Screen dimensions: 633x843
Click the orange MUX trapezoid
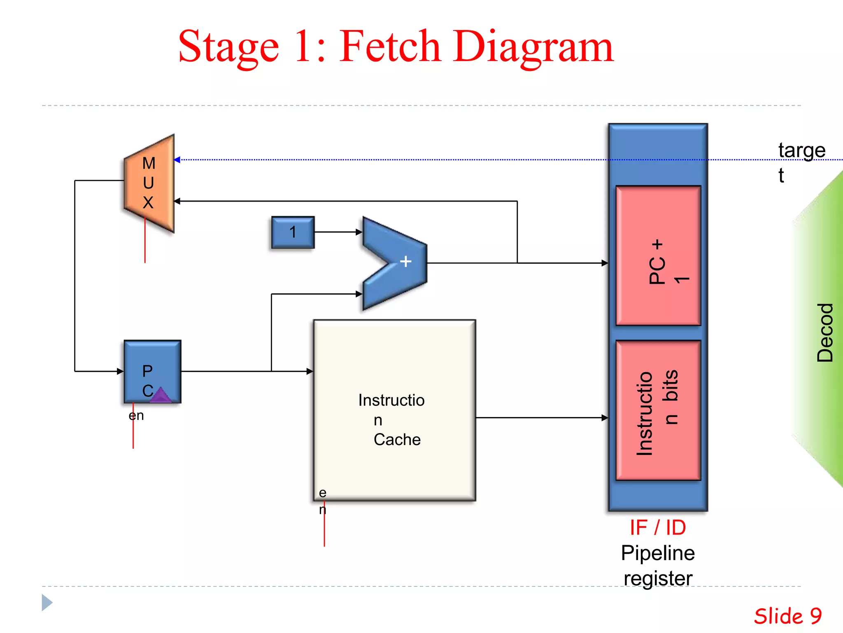[149, 183]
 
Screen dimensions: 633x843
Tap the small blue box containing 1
[293, 232]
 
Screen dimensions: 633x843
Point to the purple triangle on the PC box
[161, 395]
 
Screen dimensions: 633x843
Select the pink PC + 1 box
[658, 256]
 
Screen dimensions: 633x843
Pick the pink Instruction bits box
[658, 410]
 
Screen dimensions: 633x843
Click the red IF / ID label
[658, 527]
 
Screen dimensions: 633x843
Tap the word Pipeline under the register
[658, 553]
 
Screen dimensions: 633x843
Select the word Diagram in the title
[533, 47]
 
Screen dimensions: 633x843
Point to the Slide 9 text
[787, 617]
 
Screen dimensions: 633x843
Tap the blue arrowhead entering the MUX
[177, 160]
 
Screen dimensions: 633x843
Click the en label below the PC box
[136, 415]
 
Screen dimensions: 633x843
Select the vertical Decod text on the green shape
[825, 333]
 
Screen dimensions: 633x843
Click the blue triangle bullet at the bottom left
[47, 603]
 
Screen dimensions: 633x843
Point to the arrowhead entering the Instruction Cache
[310, 371]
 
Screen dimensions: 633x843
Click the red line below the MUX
[145, 243]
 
